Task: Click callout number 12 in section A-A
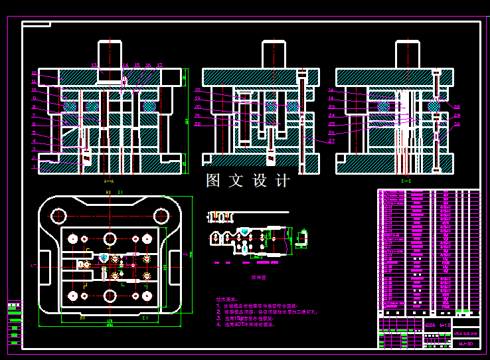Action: (34, 73)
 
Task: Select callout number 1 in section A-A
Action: (34, 167)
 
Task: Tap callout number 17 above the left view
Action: (160, 65)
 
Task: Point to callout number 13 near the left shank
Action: (94, 65)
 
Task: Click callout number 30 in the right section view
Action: (457, 124)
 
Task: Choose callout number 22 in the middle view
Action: (197, 124)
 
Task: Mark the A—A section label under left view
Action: (109, 181)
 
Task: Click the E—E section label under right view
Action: (406, 181)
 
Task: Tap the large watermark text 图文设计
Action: (248, 181)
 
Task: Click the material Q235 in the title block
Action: (430, 325)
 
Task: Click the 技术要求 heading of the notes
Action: (225, 300)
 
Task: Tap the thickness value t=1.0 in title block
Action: (444, 325)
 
